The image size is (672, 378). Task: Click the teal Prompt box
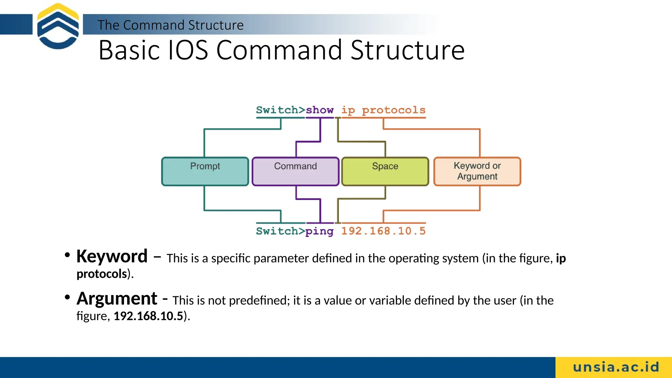205,171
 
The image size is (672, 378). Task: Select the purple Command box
295,171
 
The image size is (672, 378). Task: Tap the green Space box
385,171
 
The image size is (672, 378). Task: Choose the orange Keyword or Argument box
477,171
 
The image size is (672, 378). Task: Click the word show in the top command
320,110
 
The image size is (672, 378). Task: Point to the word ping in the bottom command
319,231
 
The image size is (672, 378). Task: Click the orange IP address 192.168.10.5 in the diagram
383,231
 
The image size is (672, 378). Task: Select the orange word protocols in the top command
393,110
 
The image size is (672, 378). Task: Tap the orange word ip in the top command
348,111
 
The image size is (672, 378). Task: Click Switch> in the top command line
281,110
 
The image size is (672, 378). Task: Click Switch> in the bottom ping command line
281,231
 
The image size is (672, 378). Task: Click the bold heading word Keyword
112,256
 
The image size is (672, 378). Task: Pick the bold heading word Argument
117,299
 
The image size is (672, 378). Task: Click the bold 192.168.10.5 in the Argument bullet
148,316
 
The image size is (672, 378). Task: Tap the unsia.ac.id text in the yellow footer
616,367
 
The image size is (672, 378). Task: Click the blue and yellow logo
58,26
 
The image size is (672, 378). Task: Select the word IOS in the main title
188,50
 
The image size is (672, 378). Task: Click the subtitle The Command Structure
170,25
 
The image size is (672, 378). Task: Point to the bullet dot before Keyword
67,255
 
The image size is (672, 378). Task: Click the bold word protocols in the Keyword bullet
102,274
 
